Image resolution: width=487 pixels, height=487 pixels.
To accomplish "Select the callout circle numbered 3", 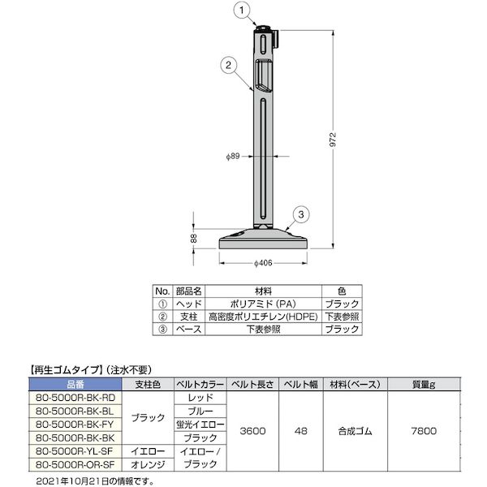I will (300, 214).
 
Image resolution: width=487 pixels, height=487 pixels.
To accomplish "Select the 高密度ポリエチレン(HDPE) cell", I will (263, 317).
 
